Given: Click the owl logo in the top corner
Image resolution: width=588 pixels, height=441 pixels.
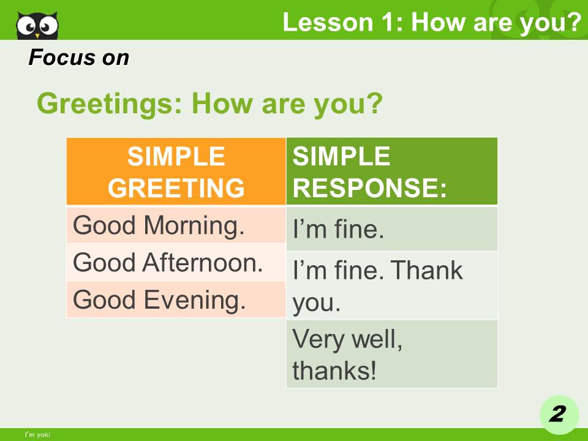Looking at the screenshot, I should (37, 24).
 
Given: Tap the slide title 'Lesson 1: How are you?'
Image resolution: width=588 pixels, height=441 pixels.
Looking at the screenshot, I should (431, 23).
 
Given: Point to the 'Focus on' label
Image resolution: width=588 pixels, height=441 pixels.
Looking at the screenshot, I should (79, 58).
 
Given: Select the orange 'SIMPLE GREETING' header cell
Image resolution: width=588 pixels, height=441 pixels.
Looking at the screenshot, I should (176, 171).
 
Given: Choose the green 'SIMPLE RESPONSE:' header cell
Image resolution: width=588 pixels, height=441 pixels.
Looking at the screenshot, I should (392, 171).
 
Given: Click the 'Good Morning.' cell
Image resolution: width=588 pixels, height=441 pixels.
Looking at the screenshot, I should (176, 225).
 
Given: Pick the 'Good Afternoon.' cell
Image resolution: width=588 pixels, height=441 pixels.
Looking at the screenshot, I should (176, 263).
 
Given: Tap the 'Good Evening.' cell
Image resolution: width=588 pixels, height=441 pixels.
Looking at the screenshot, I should (176, 300).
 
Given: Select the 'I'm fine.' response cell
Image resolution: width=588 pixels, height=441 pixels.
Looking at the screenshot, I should (392, 229).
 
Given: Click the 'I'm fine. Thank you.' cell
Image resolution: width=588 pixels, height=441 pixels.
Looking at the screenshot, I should (392, 285).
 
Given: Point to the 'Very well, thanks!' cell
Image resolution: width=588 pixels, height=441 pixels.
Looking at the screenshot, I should (392, 354).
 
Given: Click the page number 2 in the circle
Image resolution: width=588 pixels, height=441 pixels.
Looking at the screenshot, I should (557, 415).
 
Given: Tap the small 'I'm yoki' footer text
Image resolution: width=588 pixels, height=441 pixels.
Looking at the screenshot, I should (37, 434).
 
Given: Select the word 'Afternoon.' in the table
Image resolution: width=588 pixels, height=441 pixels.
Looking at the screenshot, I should (203, 263).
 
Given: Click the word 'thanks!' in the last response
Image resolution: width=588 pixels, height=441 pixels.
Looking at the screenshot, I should (334, 371).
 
